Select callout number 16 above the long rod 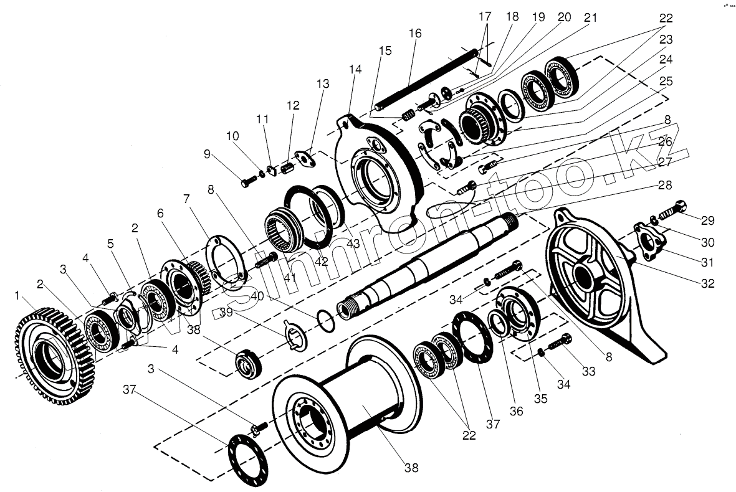(415, 33)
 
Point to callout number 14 (355, 70)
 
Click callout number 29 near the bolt (707, 220)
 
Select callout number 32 (707, 283)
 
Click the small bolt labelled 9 (248, 182)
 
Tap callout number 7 (185, 199)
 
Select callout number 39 (226, 311)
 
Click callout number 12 (292, 106)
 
